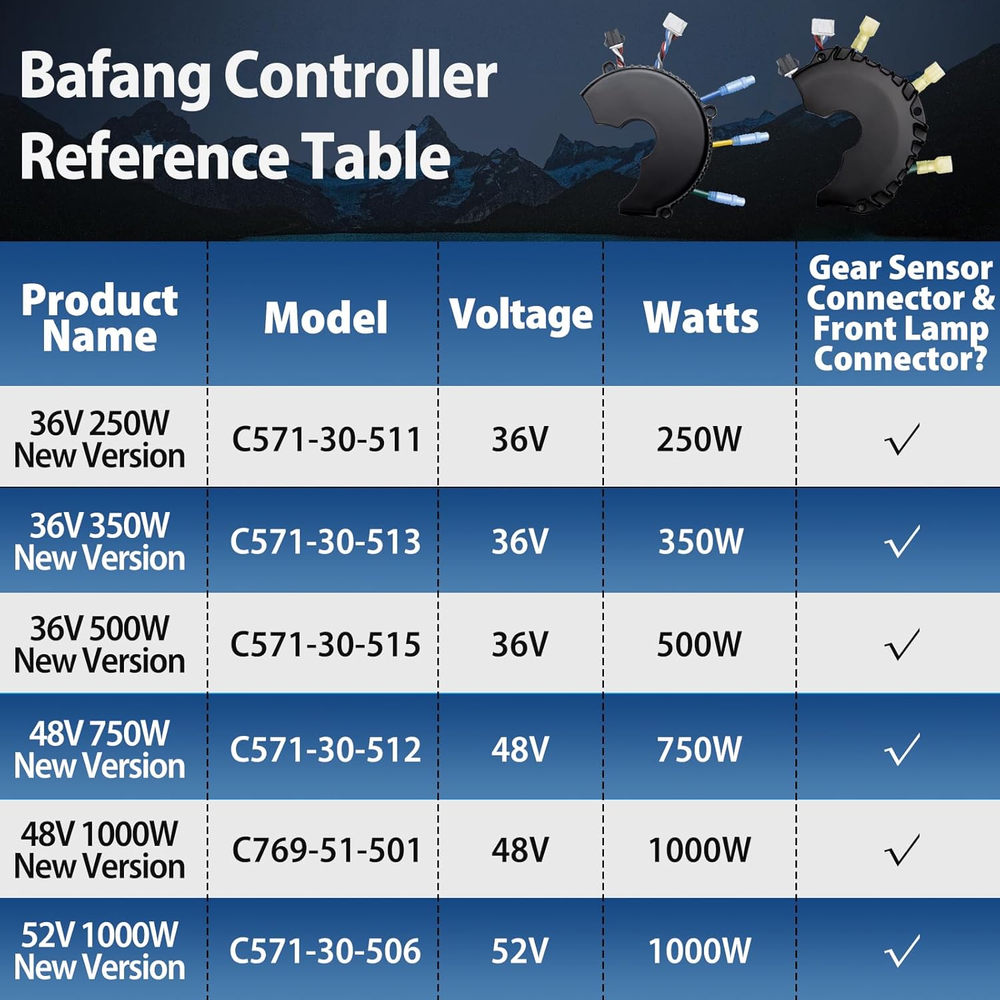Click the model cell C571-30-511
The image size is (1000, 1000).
326,439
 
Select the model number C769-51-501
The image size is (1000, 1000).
326,850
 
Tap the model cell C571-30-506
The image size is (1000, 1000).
325,951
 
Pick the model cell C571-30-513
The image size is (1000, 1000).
325,541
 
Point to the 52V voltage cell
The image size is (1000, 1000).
520,951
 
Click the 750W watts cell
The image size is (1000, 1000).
699,749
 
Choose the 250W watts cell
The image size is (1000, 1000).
699,439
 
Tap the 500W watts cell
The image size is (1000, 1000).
699,645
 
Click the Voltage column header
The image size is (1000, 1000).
521,315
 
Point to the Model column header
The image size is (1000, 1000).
325,317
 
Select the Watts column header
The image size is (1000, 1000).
701,317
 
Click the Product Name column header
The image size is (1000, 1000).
100,317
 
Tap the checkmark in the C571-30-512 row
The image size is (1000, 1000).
902,749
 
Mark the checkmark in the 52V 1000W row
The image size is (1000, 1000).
902,951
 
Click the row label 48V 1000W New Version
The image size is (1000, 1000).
100,850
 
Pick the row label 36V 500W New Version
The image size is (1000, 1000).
100,645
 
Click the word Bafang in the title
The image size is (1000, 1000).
115,77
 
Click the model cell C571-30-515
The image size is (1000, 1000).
325,645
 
